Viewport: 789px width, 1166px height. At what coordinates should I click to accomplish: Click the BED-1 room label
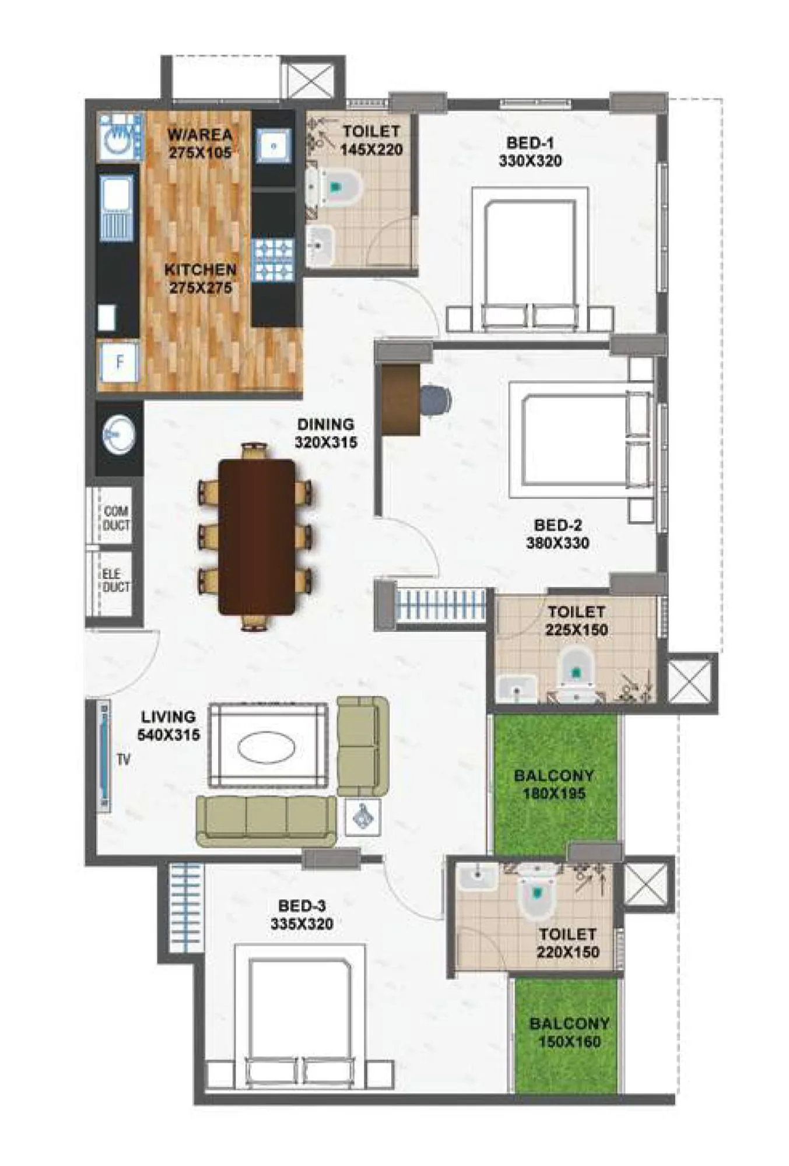[529, 143]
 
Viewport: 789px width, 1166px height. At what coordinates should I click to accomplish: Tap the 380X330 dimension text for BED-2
[557, 543]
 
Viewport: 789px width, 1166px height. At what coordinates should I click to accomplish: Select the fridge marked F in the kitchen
[120, 362]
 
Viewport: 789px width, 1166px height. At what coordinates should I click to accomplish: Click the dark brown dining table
[257, 536]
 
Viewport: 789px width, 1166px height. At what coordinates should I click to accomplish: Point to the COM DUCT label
[116, 518]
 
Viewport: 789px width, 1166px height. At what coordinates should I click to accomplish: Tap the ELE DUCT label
[115, 581]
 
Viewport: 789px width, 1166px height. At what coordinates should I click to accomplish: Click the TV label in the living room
[124, 760]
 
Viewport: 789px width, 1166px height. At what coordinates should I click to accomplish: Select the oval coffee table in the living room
[266, 747]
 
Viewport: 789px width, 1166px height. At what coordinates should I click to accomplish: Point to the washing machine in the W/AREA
[120, 138]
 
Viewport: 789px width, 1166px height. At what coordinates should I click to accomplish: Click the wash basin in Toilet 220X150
[477, 879]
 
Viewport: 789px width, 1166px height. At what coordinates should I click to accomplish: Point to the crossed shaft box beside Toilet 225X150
[691, 682]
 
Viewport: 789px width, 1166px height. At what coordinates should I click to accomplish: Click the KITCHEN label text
[200, 270]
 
